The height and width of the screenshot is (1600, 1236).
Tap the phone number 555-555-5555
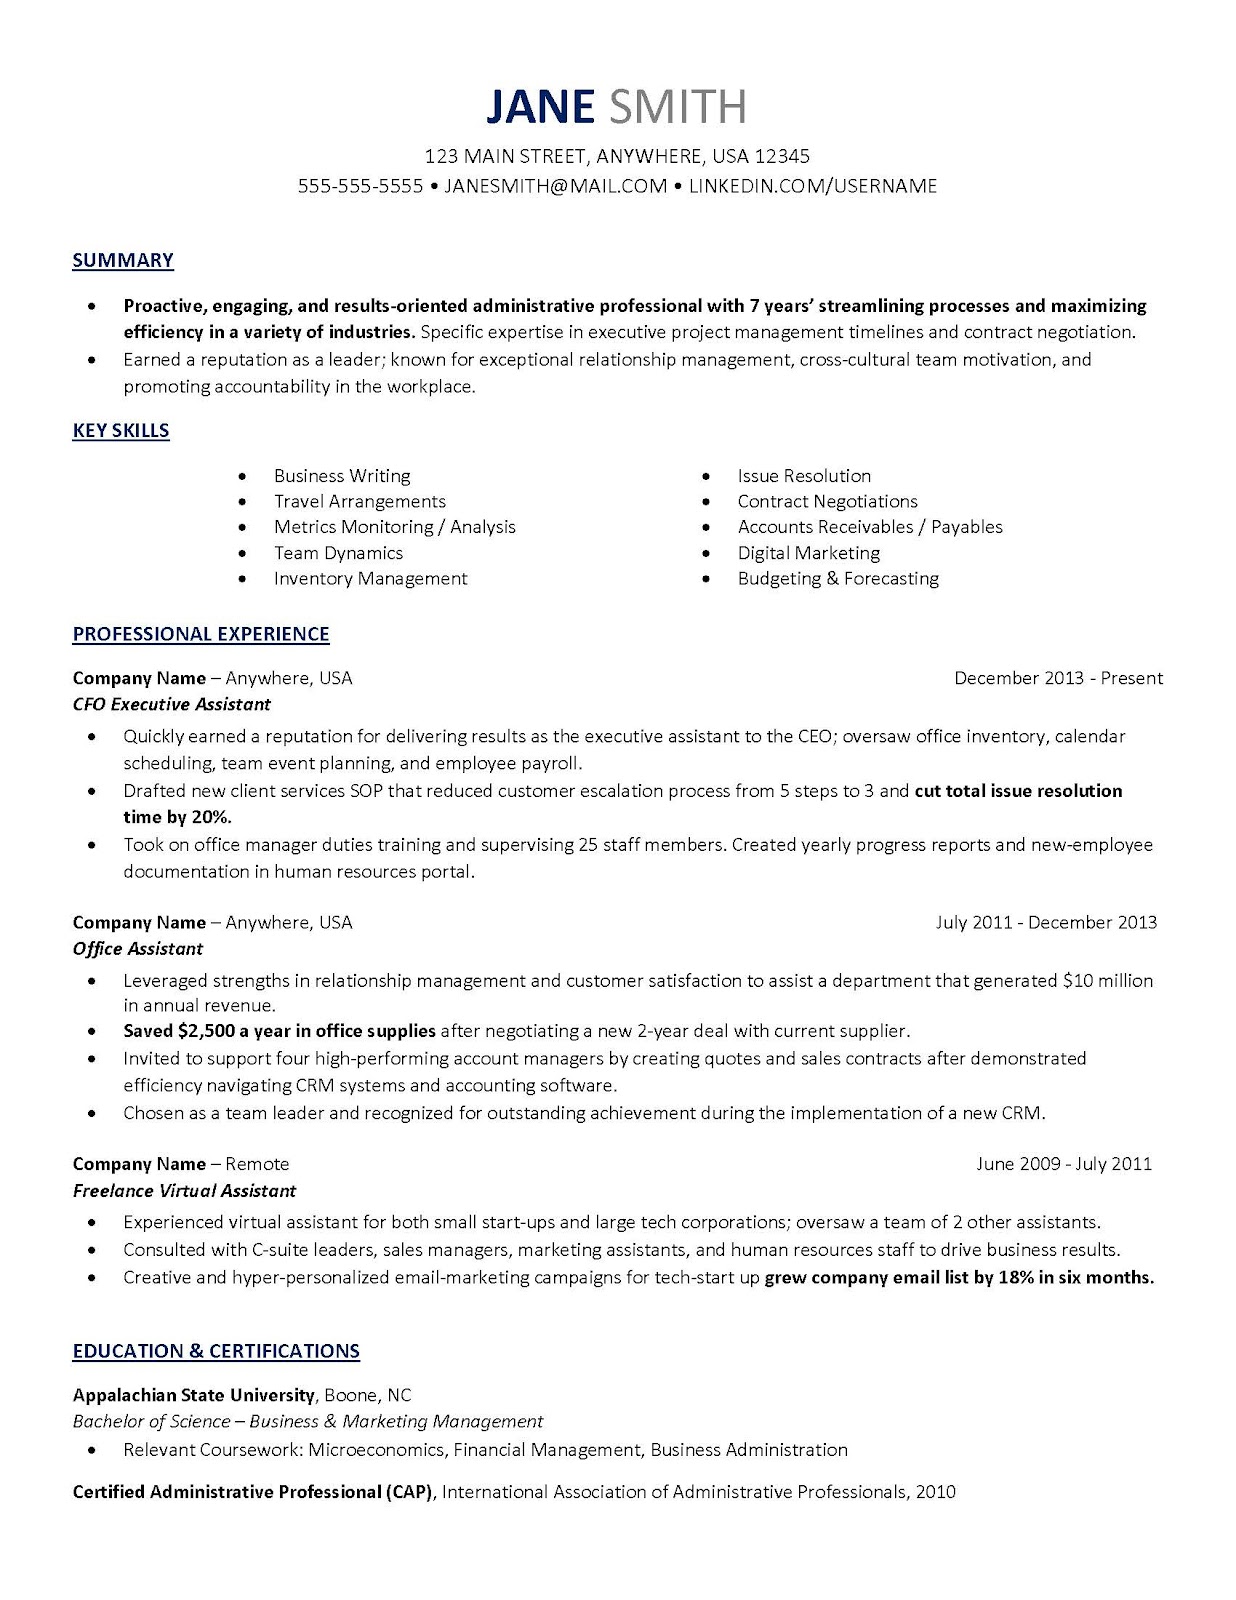pyautogui.click(x=361, y=186)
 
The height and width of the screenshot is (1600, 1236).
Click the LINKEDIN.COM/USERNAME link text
pyautogui.click(x=813, y=186)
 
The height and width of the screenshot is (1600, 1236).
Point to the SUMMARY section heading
pyautogui.click(x=123, y=260)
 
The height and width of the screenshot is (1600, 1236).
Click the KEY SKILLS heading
pyautogui.click(x=121, y=431)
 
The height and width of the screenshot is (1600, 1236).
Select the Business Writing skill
pyautogui.click(x=342, y=476)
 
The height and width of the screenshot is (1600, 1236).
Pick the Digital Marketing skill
pyautogui.click(x=808, y=553)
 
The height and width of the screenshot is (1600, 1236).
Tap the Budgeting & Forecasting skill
pyautogui.click(x=838, y=579)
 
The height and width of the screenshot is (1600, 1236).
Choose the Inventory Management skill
pyautogui.click(x=370, y=579)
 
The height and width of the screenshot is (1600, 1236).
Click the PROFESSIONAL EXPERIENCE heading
pyautogui.click(x=201, y=634)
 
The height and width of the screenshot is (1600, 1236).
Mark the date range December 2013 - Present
pyautogui.click(x=1058, y=678)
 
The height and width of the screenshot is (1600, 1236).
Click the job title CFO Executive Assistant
pyautogui.click(x=172, y=704)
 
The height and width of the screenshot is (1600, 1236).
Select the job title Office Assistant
pyautogui.click(x=138, y=949)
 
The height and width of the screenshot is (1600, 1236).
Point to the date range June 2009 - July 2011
pyautogui.click(x=1064, y=1164)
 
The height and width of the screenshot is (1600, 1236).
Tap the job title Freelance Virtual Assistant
pyautogui.click(x=185, y=1191)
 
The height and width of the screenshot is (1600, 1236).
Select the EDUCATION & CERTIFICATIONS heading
pyautogui.click(x=216, y=1351)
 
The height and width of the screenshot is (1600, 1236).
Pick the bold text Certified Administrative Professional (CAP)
pyautogui.click(x=253, y=1492)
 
